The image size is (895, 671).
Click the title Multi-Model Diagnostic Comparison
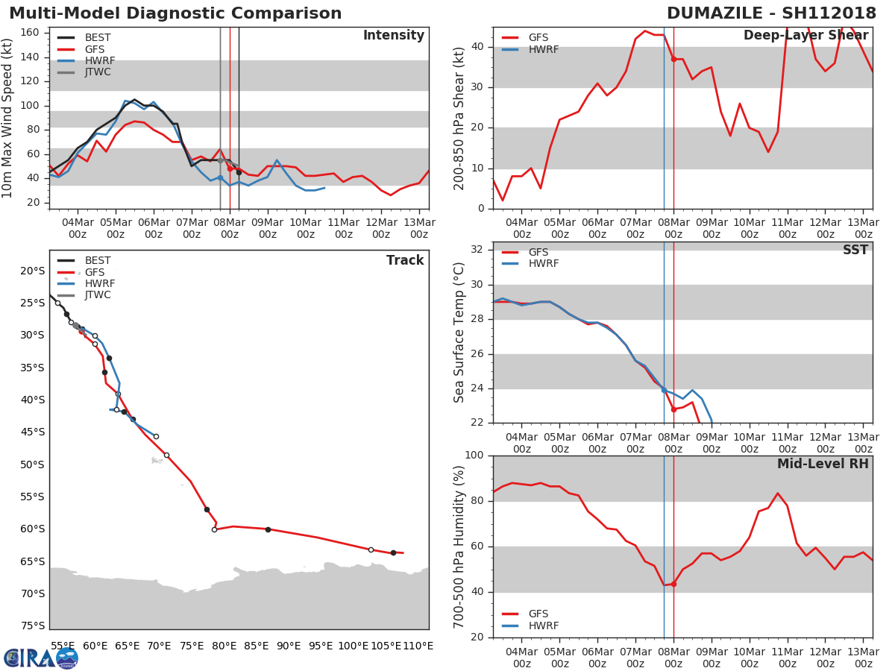pyautogui.click(x=175, y=13)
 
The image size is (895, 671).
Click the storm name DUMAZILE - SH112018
pyautogui.click(x=771, y=13)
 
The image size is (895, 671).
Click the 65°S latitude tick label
pyautogui.click(x=32, y=561)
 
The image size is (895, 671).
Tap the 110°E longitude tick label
pyautogui.click(x=418, y=646)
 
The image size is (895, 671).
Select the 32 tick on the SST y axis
pyautogui.click(x=477, y=250)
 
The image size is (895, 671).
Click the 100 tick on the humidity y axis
pyautogui.click(x=473, y=456)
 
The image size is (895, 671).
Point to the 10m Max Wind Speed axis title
pyautogui.click(x=8, y=118)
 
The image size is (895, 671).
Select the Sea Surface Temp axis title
pyautogui.click(x=460, y=333)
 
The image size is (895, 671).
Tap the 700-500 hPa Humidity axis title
pyautogui.click(x=460, y=546)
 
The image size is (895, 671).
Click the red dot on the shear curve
pyautogui.click(x=673, y=59)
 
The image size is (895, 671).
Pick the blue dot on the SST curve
pyautogui.click(x=664, y=390)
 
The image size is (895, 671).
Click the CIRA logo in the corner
pyautogui.click(x=40, y=658)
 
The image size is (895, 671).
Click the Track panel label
pyautogui.click(x=404, y=261)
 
